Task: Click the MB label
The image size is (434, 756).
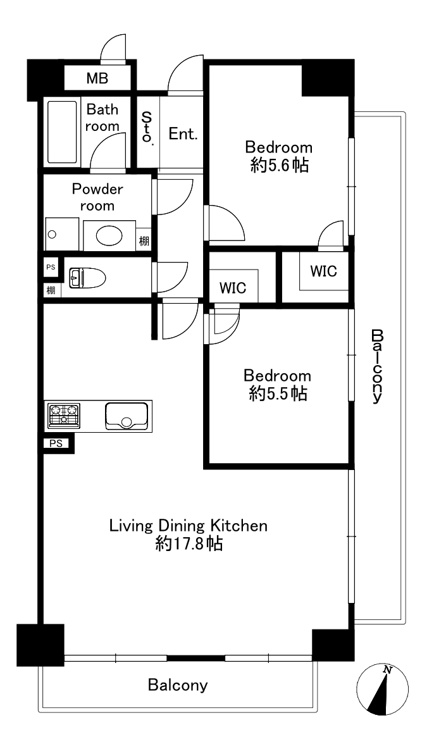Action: click(97, 78)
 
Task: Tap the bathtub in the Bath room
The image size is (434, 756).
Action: click(63, 132)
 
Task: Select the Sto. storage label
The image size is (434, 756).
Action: click(147, 128)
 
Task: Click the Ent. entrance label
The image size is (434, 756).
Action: click(183, 133)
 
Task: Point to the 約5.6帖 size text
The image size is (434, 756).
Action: click(280, 166)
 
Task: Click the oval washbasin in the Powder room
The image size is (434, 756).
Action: click(109, 235)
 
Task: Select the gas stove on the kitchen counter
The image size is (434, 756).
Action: click(64, 415)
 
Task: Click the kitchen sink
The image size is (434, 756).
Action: click(126, 416)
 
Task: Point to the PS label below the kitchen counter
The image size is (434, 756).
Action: click(56, 443)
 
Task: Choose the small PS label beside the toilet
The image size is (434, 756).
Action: click(51, 266)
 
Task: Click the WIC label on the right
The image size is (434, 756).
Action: click(323, 271)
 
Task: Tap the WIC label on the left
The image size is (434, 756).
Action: click(233, 288)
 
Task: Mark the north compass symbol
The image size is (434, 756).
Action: click(382, 690)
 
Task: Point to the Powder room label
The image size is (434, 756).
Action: click(97, 197)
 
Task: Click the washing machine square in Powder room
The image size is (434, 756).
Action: click(62, 234)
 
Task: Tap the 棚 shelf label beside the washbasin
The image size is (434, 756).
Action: click(144, 241)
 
